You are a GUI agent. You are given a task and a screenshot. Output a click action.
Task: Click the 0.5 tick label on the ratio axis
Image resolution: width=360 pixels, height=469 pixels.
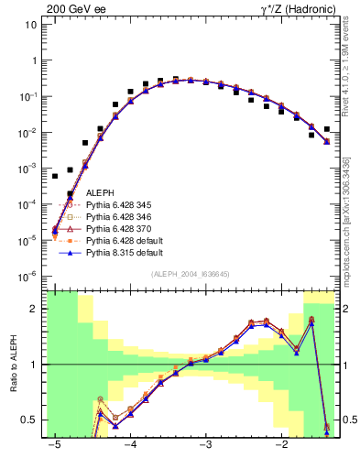pos(31,420)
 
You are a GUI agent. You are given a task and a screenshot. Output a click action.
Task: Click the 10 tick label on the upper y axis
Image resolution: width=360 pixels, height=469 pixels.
pos(31,25)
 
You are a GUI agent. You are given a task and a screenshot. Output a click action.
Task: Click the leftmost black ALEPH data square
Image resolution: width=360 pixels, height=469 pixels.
pos(55,175)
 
